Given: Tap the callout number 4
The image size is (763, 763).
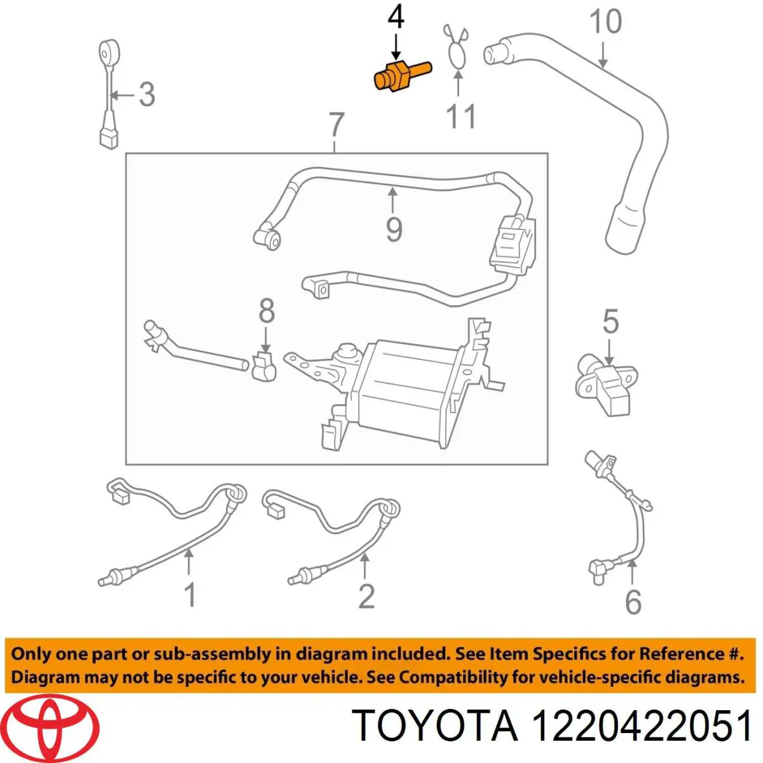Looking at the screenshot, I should point(395,18).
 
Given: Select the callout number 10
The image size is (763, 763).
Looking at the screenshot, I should point(605,22).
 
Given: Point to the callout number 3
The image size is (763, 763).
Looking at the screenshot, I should point(146,95).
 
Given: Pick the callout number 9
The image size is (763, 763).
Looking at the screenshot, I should point(394,228).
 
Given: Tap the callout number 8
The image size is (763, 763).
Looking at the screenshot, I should point(266,311).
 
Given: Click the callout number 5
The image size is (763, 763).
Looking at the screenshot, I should point(610,322).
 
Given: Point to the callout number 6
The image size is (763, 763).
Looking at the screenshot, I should point(633,601).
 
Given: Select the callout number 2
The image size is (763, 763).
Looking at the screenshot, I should point(366,596).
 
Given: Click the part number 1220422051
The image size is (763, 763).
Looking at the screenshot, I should point(642,726).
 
